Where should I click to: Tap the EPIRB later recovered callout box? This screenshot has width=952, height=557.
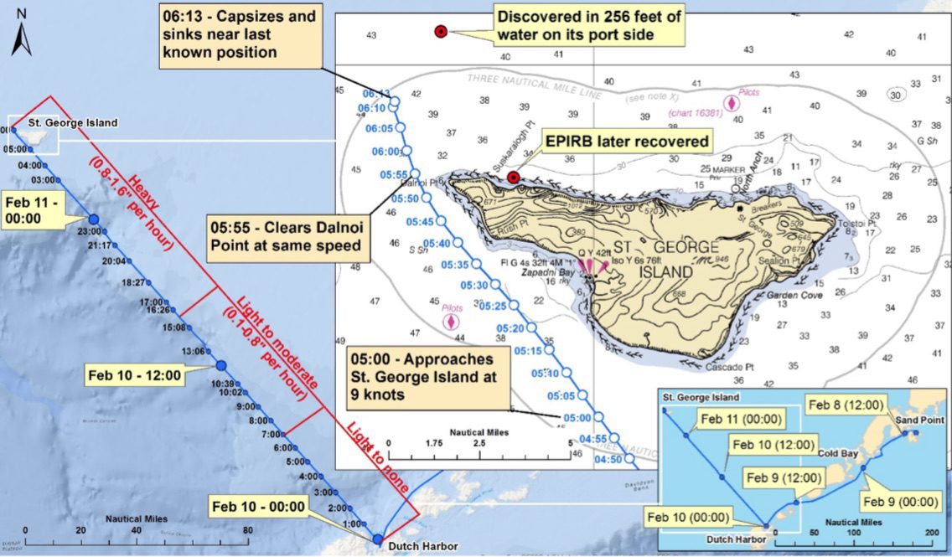click(627, 142)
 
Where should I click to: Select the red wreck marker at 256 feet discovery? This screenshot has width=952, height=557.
click(441, 32)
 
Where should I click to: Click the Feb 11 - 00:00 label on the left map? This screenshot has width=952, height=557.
click(33, 211)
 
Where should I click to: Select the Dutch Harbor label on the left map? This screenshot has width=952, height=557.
click(422, 547)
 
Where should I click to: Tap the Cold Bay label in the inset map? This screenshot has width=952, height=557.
click(838, 453)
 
